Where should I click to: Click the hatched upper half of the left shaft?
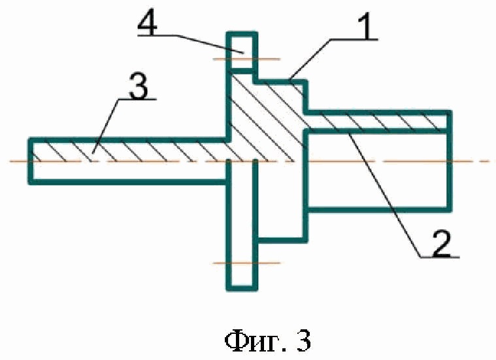click(131, 150)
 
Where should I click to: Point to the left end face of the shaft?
click(30, 161)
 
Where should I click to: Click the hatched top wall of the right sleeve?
click(379, 120)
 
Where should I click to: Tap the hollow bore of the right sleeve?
click(379, 170)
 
